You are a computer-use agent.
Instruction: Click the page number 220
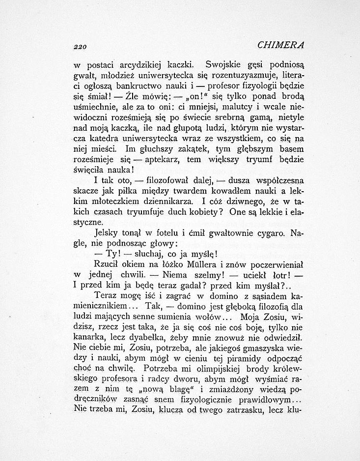click(79, 46)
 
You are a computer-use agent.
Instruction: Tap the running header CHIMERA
click(281, 45)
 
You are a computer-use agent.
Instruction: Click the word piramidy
click(237, 361)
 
